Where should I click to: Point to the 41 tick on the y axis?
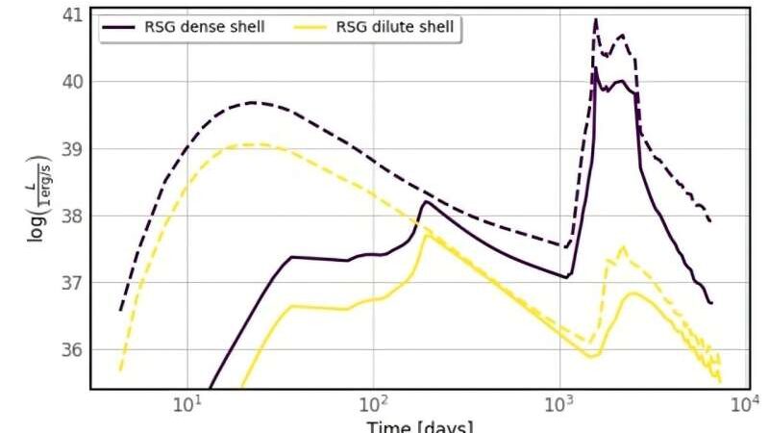click(71, 14)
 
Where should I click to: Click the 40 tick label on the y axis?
click(71, 82)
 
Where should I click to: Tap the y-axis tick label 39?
click(71, 149)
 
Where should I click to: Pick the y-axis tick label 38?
click(71, 216)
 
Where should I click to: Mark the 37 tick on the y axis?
click(71, 283)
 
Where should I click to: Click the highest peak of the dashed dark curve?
click(596, 19)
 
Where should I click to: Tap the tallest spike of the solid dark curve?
click(596, 67)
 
